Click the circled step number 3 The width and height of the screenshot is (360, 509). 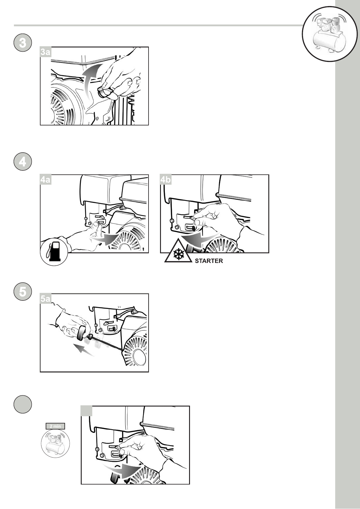[x=22, y=43]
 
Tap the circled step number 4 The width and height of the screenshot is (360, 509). [x=22, y=162]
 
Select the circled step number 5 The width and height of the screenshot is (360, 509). [x=22, y=292]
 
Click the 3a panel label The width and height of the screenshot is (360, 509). [x=45, y=52]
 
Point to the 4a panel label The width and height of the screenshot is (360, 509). [x=45, y=180]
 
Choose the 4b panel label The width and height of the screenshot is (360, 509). [x=165, y=180]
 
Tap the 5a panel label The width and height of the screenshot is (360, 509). [x=45, y=299]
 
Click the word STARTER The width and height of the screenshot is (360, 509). [x=209, y=261]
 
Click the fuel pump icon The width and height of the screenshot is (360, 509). [x=54, y=251]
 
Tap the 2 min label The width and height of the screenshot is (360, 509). [x=55, y=426]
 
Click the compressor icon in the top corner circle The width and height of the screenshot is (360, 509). [x=329, y=34]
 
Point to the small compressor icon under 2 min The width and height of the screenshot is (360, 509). [x=55, y=443]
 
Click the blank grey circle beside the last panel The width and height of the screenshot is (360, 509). [x=22, y=404]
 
